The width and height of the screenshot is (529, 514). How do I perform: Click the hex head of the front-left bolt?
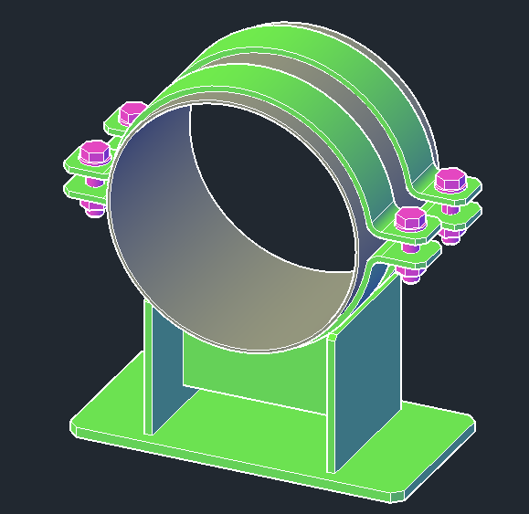[x=94, y=151]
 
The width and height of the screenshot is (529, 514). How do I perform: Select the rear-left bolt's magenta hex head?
[x=132, y=112]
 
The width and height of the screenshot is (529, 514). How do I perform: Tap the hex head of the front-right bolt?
[x=409, y=220]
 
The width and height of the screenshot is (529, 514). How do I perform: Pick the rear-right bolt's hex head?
[x=450, y=180]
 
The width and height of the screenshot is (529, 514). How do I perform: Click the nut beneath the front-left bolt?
[x=93, y=209]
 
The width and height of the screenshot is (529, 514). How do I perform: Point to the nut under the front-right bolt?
[x=410, y=273]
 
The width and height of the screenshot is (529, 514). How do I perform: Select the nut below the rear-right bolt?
[x=450, y=234]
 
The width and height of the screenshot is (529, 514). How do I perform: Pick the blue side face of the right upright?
[x=365, y=383]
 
